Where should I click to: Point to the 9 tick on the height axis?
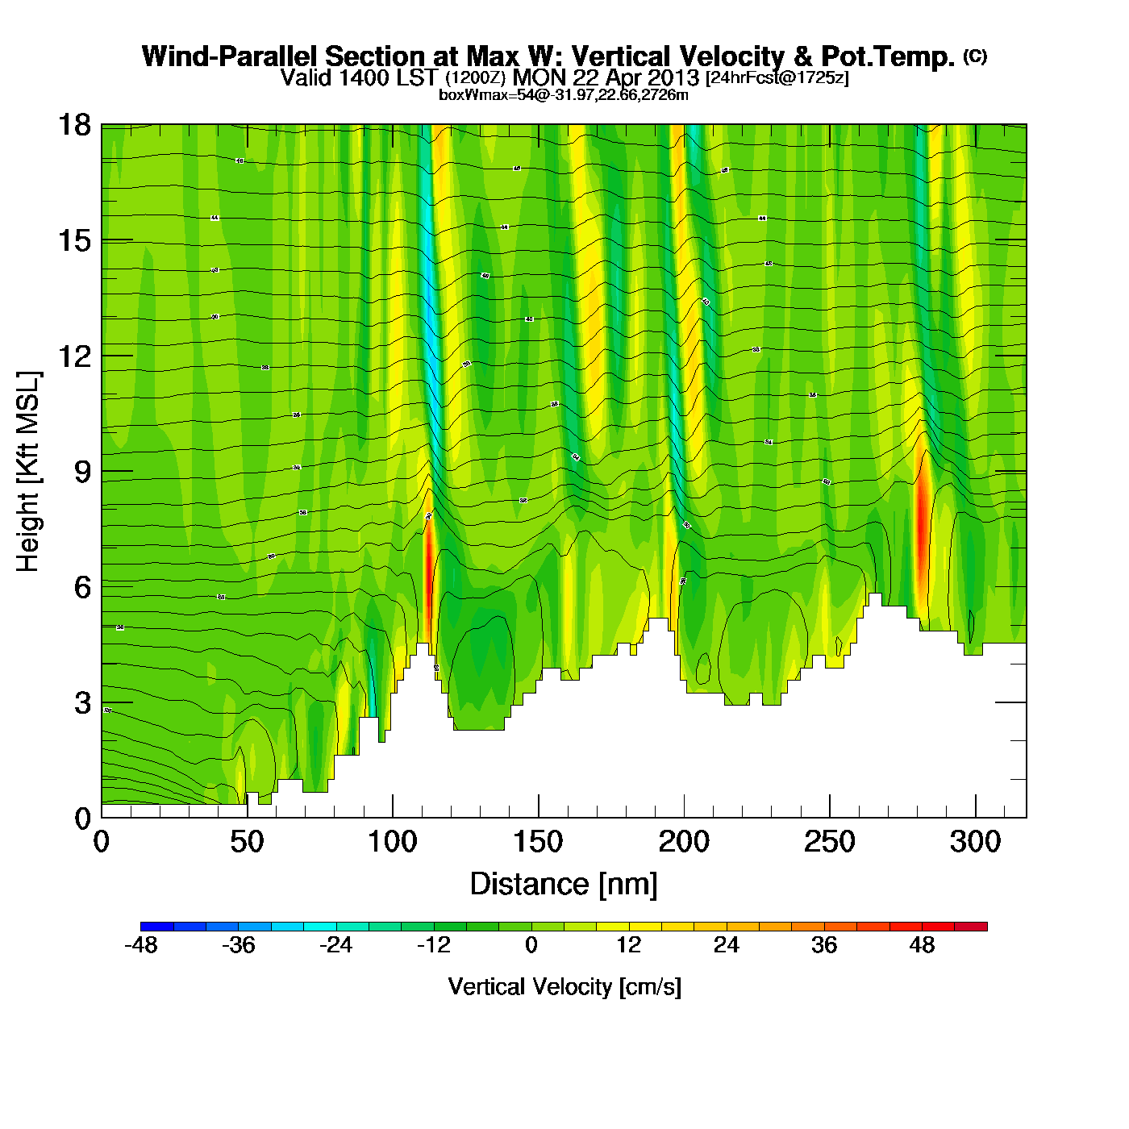pos(82,472)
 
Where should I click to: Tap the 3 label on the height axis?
pos(82,703)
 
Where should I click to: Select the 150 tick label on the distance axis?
pos(538,843)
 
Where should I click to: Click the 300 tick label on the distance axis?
pos(975,843)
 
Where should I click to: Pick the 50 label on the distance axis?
pos(247,843)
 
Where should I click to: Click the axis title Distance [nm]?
pos(564,885)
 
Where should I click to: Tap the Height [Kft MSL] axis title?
pos(28,472)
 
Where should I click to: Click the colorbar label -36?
pos(239,945)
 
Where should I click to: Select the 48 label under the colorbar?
pos(922,945)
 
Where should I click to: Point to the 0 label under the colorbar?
pos(531,945)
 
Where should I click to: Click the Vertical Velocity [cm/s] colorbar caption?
pos(564,987)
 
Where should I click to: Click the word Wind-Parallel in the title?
pos(231,56)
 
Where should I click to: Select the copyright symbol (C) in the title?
pos(975,56)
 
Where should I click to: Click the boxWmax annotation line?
pos(563,95)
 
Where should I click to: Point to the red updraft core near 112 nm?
pos(429,564)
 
